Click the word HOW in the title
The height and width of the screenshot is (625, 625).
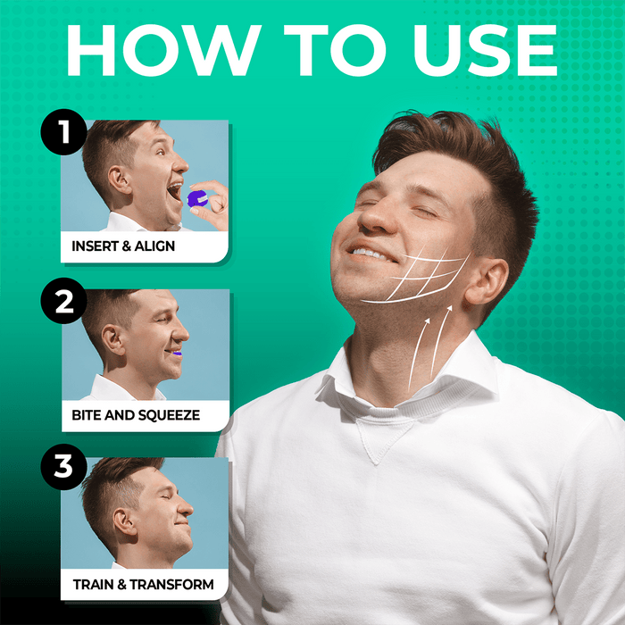click(x=163, y=50)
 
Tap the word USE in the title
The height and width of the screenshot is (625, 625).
click(x=485, y=50)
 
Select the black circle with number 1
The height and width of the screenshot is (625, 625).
click(x=63, y=132)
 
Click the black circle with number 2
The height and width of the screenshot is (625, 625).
click(x=63, y=301)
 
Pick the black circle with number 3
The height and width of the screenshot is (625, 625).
click(x=63, y=467)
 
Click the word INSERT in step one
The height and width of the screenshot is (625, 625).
click(x=96, y=246)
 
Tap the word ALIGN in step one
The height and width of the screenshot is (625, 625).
click(x=154, y=246)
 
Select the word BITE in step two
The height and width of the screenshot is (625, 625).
click(x=86, y=415)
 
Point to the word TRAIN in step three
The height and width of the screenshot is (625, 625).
click(x=94, y=584)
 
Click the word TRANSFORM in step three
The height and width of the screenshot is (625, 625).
click(x=171, y=584)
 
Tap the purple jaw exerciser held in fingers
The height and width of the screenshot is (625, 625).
click(x=197, y=198)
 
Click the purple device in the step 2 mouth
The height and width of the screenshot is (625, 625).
click(x=177, y=354)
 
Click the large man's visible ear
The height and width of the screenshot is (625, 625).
click(x=486, y=281)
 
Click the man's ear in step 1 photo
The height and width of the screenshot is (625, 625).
click(x=120, y=180)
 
